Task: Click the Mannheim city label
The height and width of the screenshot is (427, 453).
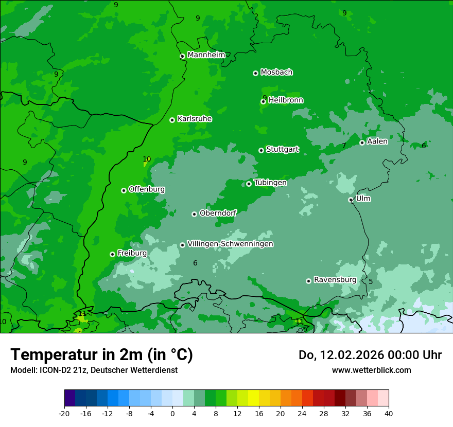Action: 206,55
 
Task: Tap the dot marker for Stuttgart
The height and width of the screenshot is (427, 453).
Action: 261,150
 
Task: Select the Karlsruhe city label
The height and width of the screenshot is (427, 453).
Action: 195,119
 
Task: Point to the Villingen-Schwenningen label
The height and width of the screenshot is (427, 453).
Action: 230,244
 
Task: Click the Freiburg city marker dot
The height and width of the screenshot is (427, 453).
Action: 112,254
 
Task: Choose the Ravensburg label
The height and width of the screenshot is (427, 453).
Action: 335,280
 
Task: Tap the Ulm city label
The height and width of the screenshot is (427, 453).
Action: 363,199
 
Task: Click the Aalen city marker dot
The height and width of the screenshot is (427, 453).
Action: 362,143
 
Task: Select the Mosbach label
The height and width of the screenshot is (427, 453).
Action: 276,73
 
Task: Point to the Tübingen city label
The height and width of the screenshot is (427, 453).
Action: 270,183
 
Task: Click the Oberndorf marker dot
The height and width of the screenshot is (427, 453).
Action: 194,214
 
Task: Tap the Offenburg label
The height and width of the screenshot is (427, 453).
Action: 147,189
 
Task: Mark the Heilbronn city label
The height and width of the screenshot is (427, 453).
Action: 286,100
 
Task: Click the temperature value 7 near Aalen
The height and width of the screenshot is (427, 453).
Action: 344,146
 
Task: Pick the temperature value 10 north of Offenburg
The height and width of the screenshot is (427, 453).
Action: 147,159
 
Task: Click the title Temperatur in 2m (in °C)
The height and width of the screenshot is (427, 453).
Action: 101,354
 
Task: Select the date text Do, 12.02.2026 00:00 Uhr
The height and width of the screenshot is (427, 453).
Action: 370,355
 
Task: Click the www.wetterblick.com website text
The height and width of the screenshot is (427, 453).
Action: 371,370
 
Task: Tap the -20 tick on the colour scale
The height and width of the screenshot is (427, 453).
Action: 64,413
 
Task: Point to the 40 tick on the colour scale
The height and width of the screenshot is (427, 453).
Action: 388,413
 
